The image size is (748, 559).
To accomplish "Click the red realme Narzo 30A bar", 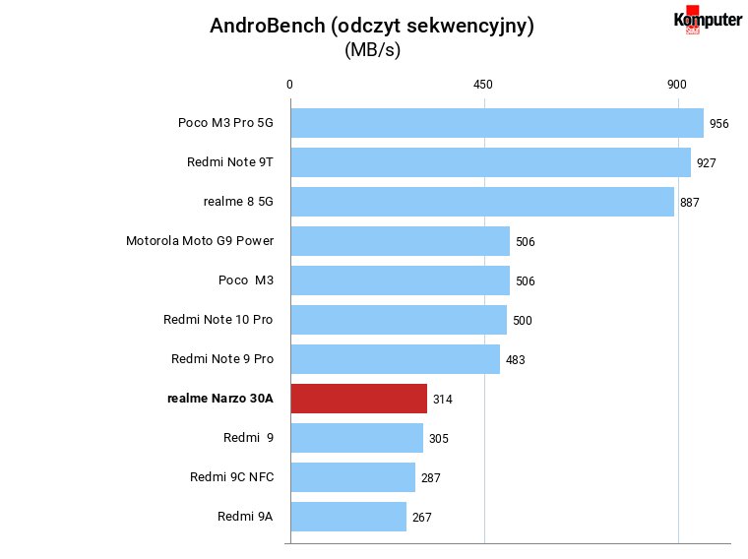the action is [358, 399].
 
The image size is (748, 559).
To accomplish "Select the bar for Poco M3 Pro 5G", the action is [497, 123].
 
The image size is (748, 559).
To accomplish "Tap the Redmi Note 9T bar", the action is [491, 162].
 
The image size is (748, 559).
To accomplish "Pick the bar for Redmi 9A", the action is [348, 517].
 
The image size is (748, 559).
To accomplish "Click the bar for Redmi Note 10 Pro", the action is [399, 320].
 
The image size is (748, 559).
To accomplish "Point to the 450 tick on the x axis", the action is [483, 85].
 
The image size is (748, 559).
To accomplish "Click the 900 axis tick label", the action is [676, 85].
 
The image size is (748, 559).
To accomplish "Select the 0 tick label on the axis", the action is [289, 85].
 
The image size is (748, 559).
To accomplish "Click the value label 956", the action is [718, 124].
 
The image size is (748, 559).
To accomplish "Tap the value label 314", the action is [442, 400].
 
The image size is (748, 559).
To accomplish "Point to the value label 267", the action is [421, 518].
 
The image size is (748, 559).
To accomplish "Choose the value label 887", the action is [689, 203].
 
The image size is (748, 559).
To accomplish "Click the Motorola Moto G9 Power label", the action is [200, 241].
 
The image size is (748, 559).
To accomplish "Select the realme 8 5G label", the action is [238, 202].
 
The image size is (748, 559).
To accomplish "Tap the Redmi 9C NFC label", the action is [232, 477].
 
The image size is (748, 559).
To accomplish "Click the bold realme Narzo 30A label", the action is [220, 399].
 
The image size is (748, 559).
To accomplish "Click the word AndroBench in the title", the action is [267, 26].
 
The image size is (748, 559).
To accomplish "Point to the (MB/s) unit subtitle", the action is [373, 49].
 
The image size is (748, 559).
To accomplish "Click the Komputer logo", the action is [708, 20].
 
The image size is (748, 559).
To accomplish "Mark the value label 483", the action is [515, 360].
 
